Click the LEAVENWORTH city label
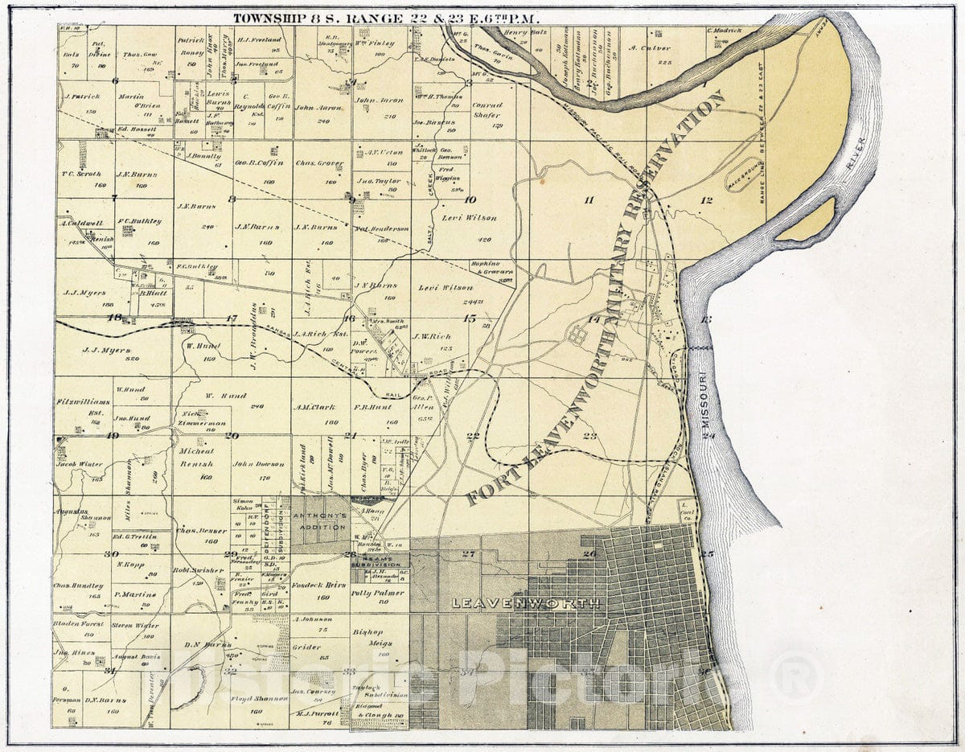click(525, 602)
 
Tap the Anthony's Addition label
click(319, 520)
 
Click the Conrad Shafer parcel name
click(487, 110)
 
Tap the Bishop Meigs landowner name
click(373, 637)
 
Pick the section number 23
click(590, 437)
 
